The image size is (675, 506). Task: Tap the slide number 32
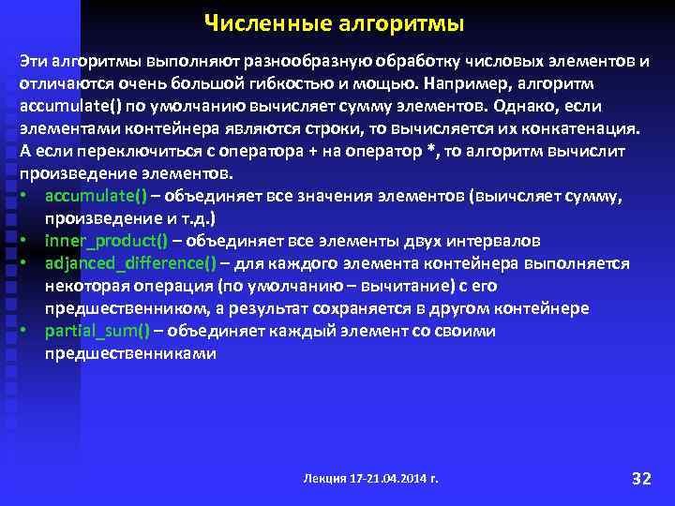coord(641,479)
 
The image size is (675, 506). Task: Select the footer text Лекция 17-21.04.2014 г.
coord(370,479)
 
